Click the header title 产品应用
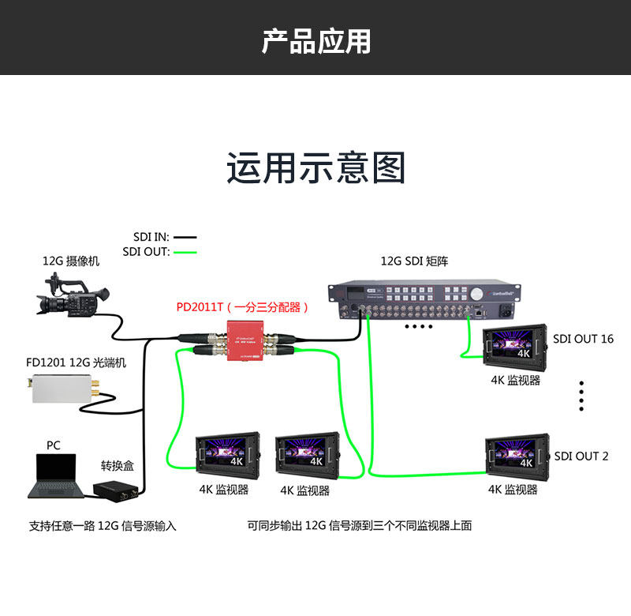tap(315, 40)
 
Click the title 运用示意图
tap(315, 168)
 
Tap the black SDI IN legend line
tap(185, 237)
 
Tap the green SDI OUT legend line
tap(185, 253)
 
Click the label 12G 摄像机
tap(71, 261)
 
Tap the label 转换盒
tap(116, 466)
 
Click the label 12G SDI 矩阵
tap(414, 261)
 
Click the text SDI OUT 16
tap(583, 339)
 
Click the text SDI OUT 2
tap(581, 456)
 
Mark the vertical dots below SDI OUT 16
tap(581, 396)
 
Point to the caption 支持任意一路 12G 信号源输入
tap(103, 526)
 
